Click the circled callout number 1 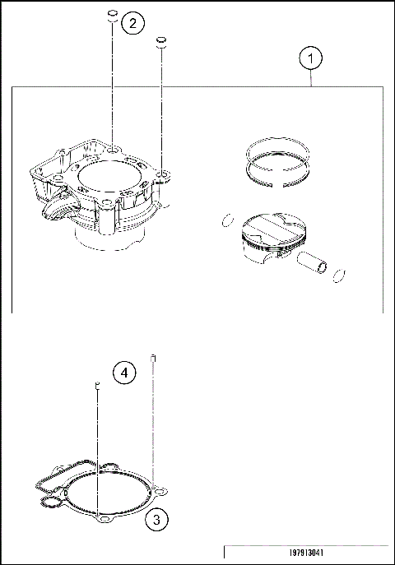pyautogui.click(x=310, y=58)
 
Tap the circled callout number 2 pyautogui.click(x=132, y=23)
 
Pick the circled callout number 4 pyautogui.click(x=123, y=373)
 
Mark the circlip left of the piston pyautogui.click(x=222, y=220)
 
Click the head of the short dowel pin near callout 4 pyautogui.click(x=96, y=385)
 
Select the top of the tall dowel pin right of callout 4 pyautogui.click(x=153, y=357)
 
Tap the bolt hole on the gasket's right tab pyautogui.click(x=163, y=492)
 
